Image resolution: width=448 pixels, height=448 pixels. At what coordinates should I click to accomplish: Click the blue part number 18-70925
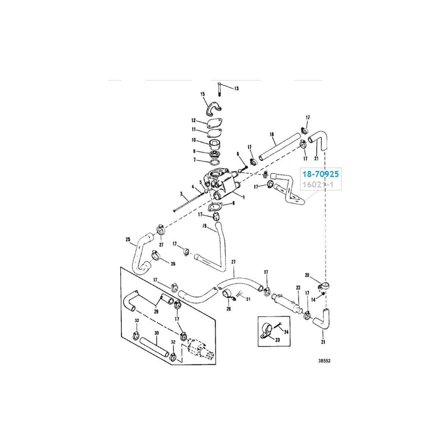pos(320,174)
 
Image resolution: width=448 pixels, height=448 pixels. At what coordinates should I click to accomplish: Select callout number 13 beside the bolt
pos(236,88)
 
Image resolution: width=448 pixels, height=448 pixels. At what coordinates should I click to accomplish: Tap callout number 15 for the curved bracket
pos(202,94)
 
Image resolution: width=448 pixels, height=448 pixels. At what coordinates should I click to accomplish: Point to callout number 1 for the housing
pos(244,197)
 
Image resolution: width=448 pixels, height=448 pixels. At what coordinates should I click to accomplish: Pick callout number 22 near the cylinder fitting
pos(298,288)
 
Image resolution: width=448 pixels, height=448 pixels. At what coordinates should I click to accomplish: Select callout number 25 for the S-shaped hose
pos(128,239)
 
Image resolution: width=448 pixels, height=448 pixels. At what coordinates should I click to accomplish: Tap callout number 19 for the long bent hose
pos(205,225)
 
